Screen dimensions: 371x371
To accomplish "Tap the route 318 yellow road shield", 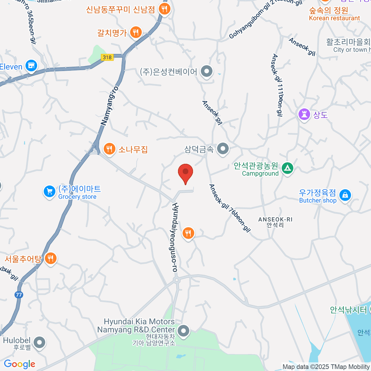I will [x=107, y=57].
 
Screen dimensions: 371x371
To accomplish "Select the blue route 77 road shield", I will [x=19, y=295].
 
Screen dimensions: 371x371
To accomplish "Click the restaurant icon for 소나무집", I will [x=109, y=149].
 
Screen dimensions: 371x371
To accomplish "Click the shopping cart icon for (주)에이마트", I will [x=49, y=192].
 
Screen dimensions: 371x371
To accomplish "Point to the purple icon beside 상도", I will [x=304, y=115].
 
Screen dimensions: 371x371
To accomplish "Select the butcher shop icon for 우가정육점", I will [x=345, y=195].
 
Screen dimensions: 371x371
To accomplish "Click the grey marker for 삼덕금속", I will [x=223, y=149].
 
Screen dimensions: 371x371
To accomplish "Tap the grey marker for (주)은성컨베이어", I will [x=207, y=71].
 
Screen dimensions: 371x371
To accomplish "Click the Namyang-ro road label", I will [x=110, y=106].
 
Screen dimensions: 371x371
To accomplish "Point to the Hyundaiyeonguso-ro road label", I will [x=175, y=237].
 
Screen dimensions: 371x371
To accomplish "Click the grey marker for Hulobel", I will [x=40, y=342].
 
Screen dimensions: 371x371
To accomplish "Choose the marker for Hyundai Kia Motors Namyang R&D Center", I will [x=184, y=330].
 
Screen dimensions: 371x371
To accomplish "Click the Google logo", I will [x=19, y=364].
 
